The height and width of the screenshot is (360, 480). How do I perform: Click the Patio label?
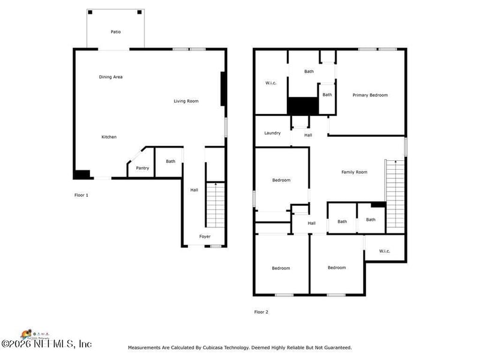pos(115,32)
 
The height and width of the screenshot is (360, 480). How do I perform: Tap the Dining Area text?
pos(111,77)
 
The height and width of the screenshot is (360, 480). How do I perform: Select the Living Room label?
pos(186,101)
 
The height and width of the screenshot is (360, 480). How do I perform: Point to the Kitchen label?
pos(109,137)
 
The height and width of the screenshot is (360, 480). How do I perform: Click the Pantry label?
pos(142,168)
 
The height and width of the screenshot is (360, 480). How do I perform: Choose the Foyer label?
pos(205,236)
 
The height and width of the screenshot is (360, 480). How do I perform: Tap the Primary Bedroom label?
pos(370,95)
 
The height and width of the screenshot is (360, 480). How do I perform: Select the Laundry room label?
pos(272,133)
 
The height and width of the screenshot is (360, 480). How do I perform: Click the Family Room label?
pos(354,172)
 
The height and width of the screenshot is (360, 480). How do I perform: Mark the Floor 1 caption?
pos(81,195)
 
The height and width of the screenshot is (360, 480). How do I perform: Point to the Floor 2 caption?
pos(261,312)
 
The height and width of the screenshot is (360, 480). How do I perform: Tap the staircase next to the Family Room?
pos(395,195)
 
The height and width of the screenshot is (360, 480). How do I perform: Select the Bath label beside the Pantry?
pos(170,161)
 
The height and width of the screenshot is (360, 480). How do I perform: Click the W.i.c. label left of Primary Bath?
pos(271,83)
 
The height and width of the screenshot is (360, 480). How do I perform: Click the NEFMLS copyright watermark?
pos(46,344)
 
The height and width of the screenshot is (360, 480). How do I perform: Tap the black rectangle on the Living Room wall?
pos(223,89)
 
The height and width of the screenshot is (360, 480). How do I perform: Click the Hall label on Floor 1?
pos(194,190)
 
